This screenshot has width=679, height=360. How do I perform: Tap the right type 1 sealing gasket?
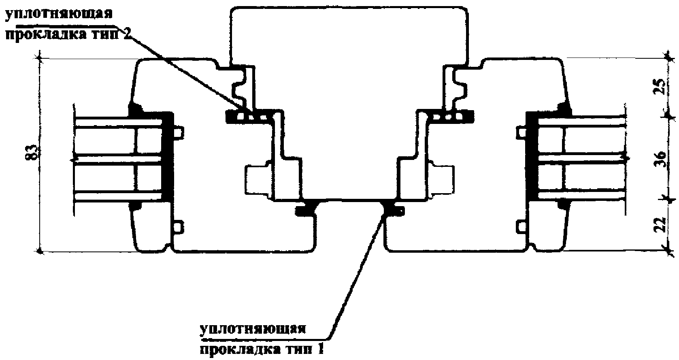(x=392, y=209)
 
